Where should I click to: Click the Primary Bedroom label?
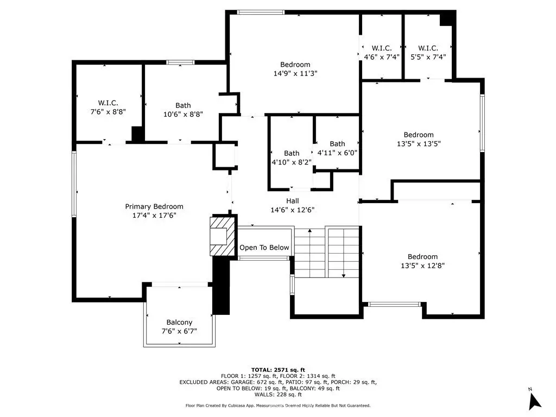pyautogui.click(x=154, y=206)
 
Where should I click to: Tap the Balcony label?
pyautogui.click(x=179, y=323)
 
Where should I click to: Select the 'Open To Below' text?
pyautogui.click(x=264, y=248)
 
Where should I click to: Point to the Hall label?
pyautogui.click(x=293, y=201)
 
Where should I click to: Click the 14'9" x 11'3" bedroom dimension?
pyautogui.click(x=295, y=73)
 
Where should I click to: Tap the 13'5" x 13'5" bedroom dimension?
pyautogui.click(x=419, y=143)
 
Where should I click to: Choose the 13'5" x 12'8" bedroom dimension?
pyautogui.click(x=422, y=266)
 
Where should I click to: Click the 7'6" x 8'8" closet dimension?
pyautogui.click(x=108, y=112)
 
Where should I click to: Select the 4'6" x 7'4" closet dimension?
pyautogui.click(x=382, y=56)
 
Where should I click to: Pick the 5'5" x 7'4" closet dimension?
pyautogui.click(x=428, y=56)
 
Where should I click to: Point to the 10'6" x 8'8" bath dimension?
pyautogui.click(x=183, y=114)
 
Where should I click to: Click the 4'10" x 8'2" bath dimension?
pyautogui.click(x=292, y=162)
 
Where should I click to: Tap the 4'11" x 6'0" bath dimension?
pyautogui.click(x=337, y=153)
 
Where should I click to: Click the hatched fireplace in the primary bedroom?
pyautogui.click(x=223, y=236)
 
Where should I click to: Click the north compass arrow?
pyautogui.click(x=534, y=401)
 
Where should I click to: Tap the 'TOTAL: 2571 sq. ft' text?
pyautogui.click(x=278, y=370)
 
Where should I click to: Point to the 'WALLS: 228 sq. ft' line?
pyautogui.click(x=278, y=394)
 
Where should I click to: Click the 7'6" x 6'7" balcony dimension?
pyautogui.click(x=179, y=331)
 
